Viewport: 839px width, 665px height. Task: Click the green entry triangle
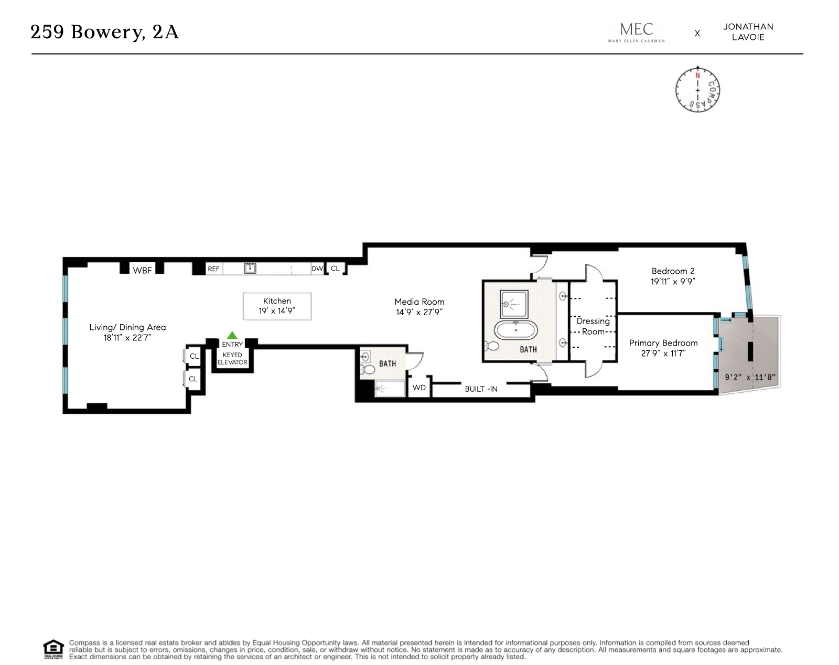click(x=232, y=336)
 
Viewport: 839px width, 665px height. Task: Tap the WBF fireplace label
click(x=142, y=271)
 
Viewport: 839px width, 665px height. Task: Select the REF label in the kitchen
click(x=213, y=269)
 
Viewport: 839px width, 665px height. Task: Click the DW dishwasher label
click(x=317, y=269)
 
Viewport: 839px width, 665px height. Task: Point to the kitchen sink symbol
click(x=250, y=269)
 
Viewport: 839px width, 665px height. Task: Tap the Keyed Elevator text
click(x=232, y=359)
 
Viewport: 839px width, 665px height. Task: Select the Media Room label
click(x=419, y=302)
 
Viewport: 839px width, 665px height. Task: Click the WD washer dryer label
click(x=419, y=388)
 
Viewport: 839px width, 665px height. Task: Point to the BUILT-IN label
click(x=481, y=389)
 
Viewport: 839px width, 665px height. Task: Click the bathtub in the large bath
click(x=515, y=330)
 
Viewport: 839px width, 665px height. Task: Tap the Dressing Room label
click(x=593, y=326)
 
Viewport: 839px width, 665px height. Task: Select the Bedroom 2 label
click(x=673, y=271)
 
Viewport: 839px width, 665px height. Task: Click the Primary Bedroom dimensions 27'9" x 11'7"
click(x=663, y=353)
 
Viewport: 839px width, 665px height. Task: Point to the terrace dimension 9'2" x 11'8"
click(x=750, y=377)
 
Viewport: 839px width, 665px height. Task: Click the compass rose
click(x=697, y=89)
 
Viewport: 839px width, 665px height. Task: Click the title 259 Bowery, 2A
click(x=105, y=32)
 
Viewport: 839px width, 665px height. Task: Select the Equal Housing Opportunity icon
click(x=53, y=649)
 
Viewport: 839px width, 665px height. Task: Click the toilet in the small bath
click(x=369, y=370)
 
